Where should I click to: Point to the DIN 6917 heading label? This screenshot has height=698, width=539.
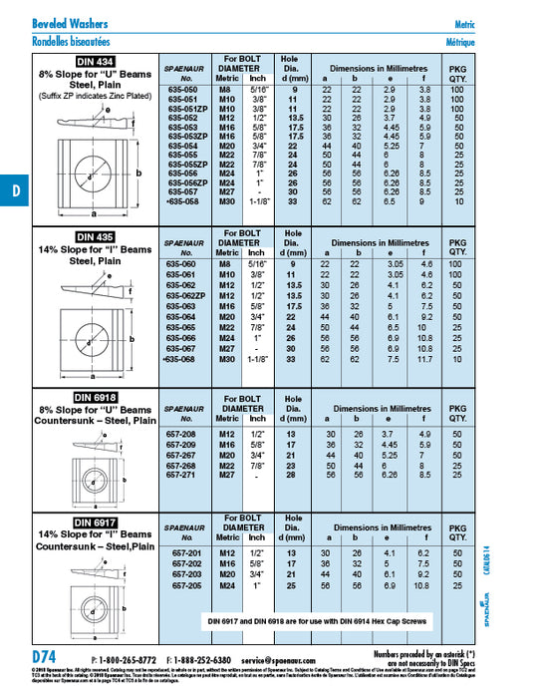coord(84,522)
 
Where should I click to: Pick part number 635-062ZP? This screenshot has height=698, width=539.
coord(184,296)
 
